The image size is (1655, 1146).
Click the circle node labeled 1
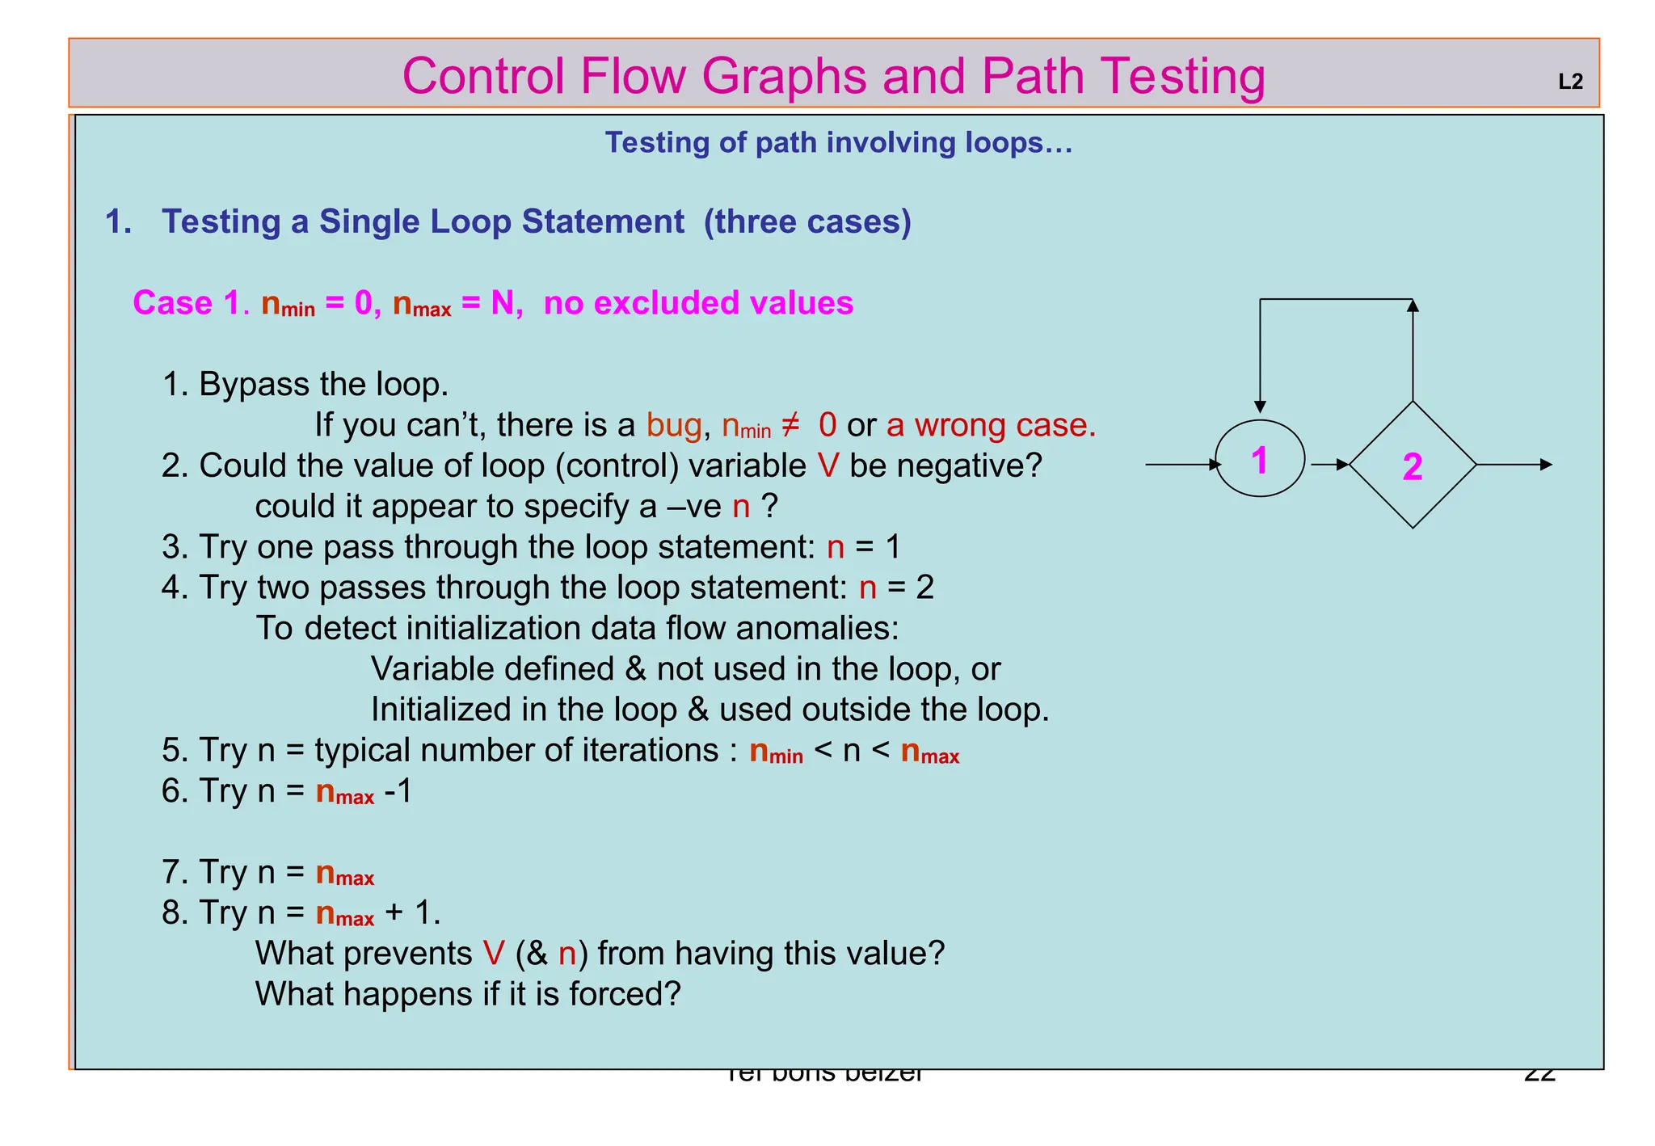pos(1259,458)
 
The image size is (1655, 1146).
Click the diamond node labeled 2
pos(1412,465)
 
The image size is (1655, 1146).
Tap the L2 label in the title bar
pos(1569,82)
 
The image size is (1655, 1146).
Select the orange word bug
pos(673,424)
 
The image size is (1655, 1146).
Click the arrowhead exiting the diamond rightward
pos(1545,465)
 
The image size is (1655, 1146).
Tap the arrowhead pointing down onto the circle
pos(1260,407)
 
